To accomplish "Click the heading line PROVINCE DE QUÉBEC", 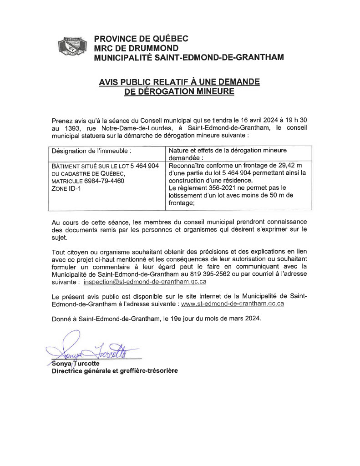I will click(x=141, y=39).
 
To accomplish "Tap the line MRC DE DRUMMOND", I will click(x=136, y=48).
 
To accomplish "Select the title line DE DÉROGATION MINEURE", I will click(x=179, y=91).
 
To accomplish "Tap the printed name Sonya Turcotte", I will click(x=75, y=364).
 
